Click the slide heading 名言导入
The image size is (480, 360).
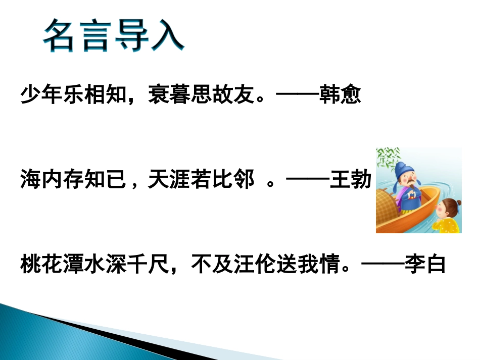click(x=113, y=36)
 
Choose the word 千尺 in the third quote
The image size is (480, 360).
click(x=148, y=264)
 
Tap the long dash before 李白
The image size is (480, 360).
click(x=384, y=264)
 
